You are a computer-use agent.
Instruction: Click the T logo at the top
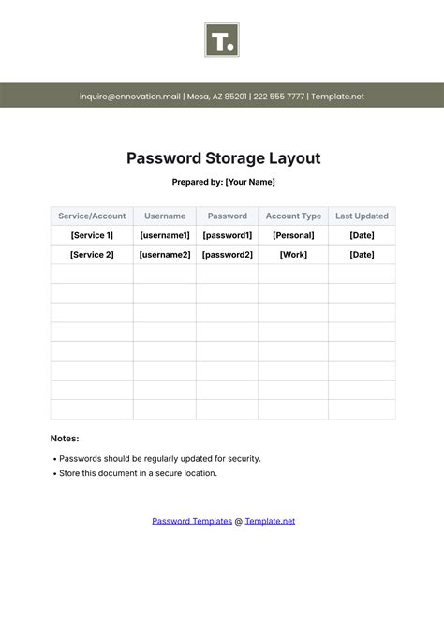(x=222, y=40)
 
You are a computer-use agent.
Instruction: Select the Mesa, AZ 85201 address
(x=217, y=96)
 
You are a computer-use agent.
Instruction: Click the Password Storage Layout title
(x=222, y=158)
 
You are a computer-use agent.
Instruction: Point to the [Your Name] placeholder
(x=250, y=182)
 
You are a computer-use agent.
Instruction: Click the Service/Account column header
(x=92, y=216)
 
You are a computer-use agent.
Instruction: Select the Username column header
(x=165, y=216)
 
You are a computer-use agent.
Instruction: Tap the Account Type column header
(x=293, y=216)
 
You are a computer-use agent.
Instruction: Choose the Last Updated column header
(x=362, y=216)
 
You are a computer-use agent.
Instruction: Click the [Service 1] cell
(x=92, y=235)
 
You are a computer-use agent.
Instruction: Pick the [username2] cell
(x=165, y=255)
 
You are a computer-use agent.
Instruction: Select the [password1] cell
(x=228, y=235)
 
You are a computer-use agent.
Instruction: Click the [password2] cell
(x=228, y=255)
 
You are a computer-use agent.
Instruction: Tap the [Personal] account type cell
(x=293, y=235)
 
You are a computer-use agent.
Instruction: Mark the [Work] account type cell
(x=293, y=255)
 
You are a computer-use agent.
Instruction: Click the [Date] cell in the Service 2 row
(x=362, y=255)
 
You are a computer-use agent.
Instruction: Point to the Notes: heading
(x=65, y=438)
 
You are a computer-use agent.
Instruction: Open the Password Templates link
(x=192, y=521)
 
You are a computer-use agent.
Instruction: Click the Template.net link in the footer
(x=270, y=521)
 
